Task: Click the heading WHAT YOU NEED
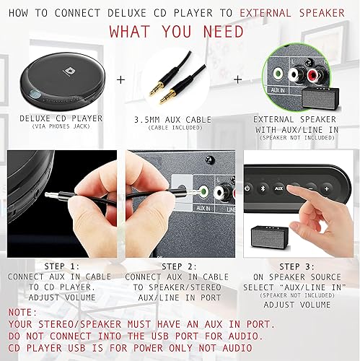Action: click(179, 33)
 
